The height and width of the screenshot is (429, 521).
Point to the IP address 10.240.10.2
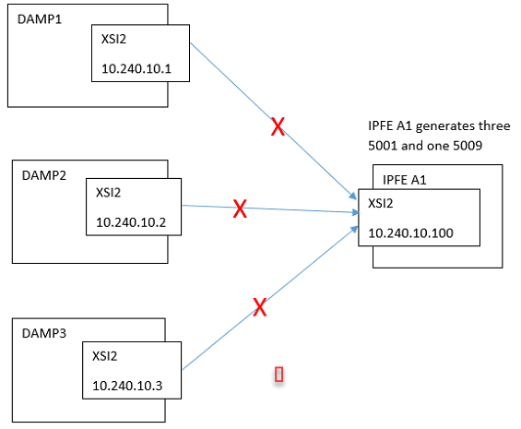pos(134,221)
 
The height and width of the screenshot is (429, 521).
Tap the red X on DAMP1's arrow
pos(277,127)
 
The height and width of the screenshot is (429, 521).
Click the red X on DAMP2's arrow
pos(240,209)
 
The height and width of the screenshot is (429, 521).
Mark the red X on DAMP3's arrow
pos(260,307)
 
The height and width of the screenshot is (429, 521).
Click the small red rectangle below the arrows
pos(278,374)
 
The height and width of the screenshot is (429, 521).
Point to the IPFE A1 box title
pos(404,180)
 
